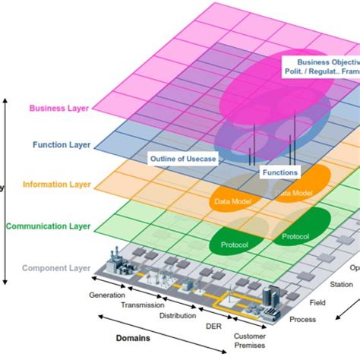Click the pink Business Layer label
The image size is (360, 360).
click(x=58, y=108)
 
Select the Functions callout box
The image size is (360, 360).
click(x=279, y=172)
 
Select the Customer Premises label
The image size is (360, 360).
click(x=250, y=341)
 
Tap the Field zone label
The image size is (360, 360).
click(x=318, y=302)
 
